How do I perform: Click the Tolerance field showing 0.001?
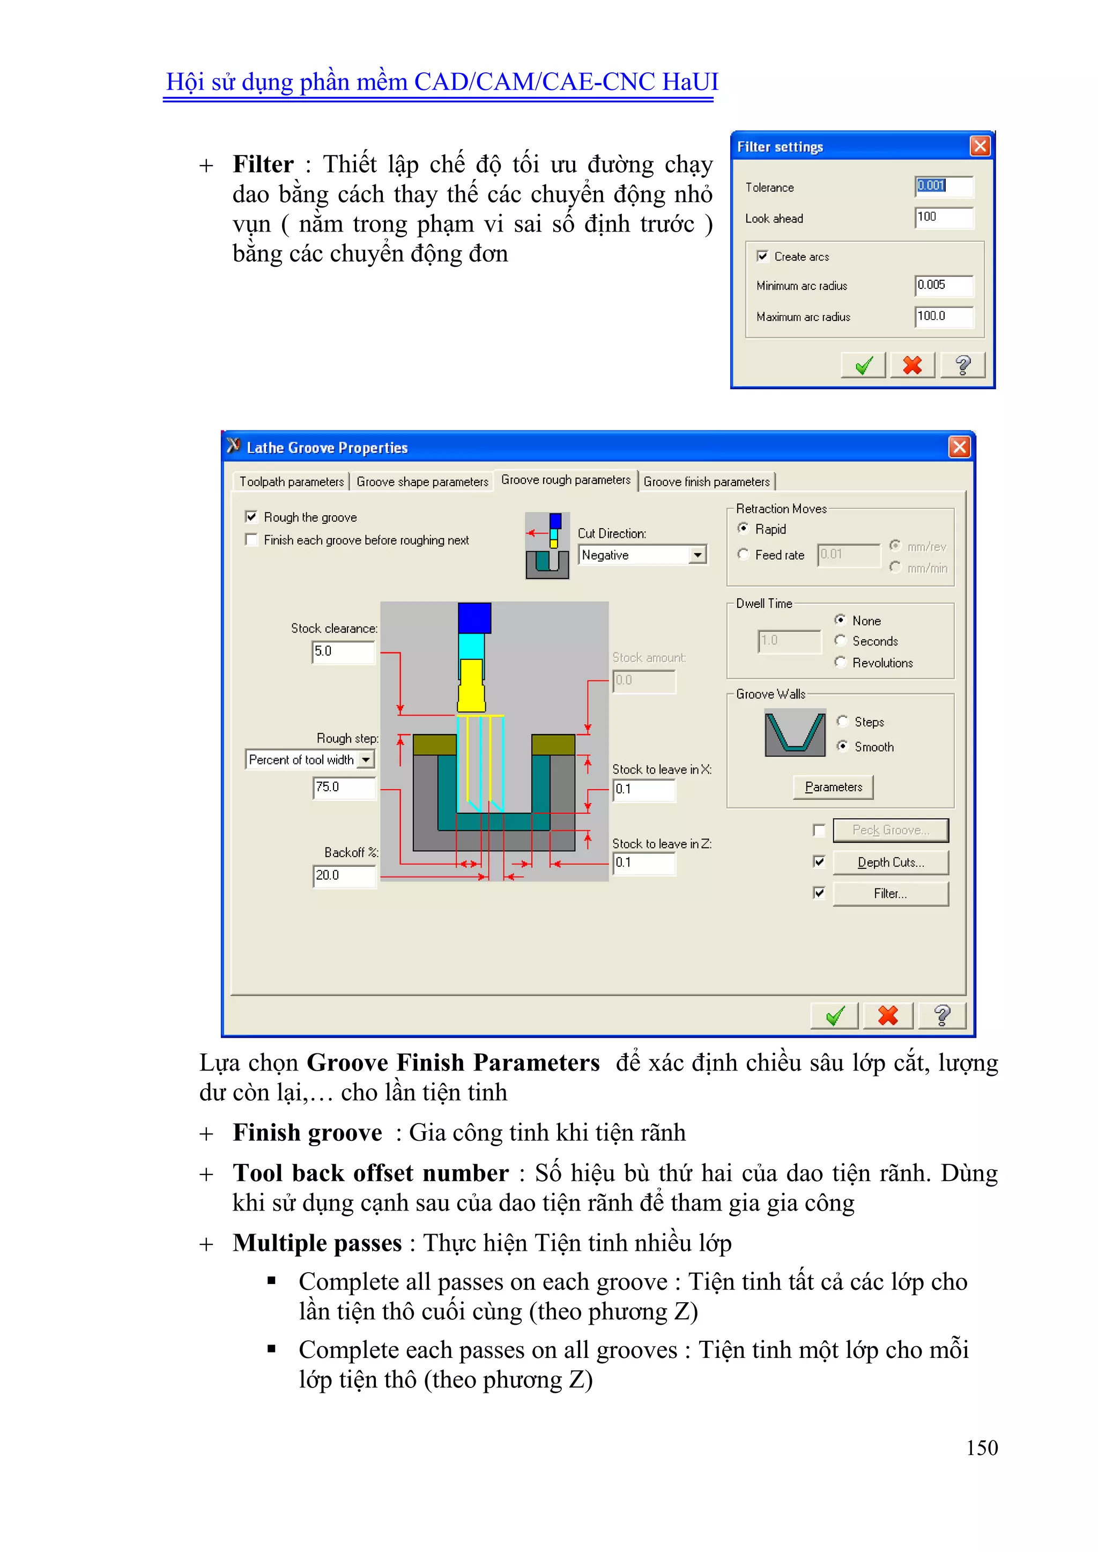[943, 186]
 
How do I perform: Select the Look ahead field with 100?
[943, 217]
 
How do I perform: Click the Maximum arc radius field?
[943, 316]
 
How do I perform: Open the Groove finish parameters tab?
[706, 482]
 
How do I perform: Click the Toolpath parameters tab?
[292, 482]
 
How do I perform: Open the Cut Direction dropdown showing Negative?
[697, 555]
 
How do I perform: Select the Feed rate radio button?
[743, 554]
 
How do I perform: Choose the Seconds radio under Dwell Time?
[841, 640]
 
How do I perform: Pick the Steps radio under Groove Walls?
[842, 721]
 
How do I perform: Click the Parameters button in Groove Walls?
[833, 787]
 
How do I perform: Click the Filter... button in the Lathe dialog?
[890, 894]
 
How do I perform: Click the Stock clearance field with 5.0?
[342, 651]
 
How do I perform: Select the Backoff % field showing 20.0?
[343, 875]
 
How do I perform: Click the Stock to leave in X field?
[643, 790]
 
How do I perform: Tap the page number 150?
[981, 1447]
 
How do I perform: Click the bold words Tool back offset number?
[370, 1174]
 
